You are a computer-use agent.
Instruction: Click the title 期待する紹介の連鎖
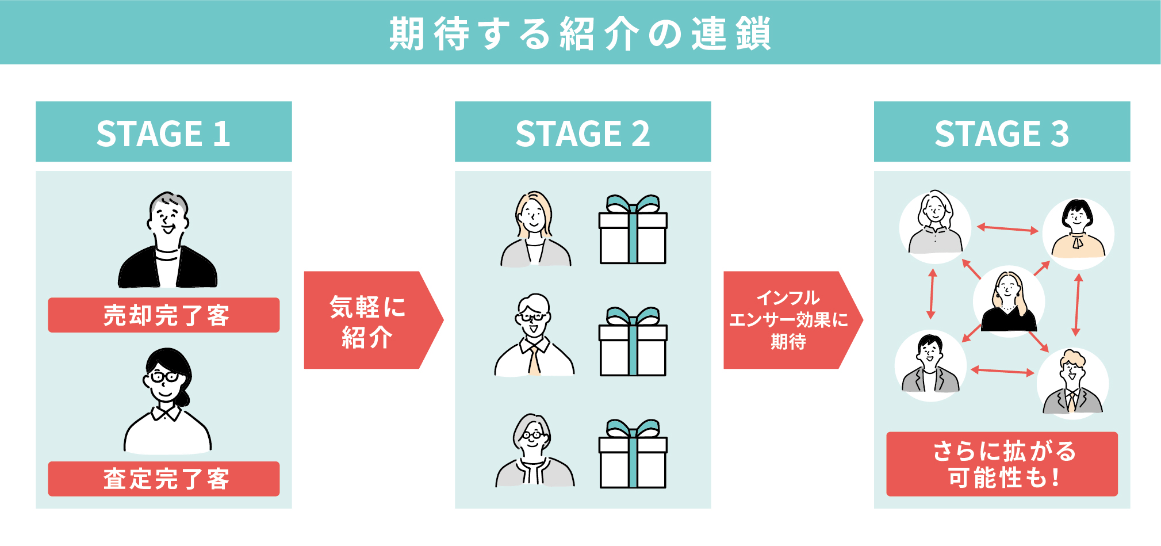pos(580,33)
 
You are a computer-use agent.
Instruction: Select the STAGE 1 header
pos(164,132)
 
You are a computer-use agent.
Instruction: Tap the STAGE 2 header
pos(583,132)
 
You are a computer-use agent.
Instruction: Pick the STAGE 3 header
pos(1002,132)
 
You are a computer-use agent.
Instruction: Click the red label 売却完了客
pos(164,315)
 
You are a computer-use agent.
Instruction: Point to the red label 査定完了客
pos(164,479)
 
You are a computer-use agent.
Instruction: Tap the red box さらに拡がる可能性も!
pos(1002,464)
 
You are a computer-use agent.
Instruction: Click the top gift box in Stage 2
pos(633,230)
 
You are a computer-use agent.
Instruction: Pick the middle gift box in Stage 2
pos(633,342)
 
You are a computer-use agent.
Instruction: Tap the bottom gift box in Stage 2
pos(633,454)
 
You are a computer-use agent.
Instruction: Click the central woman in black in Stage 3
pos(1009,301)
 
